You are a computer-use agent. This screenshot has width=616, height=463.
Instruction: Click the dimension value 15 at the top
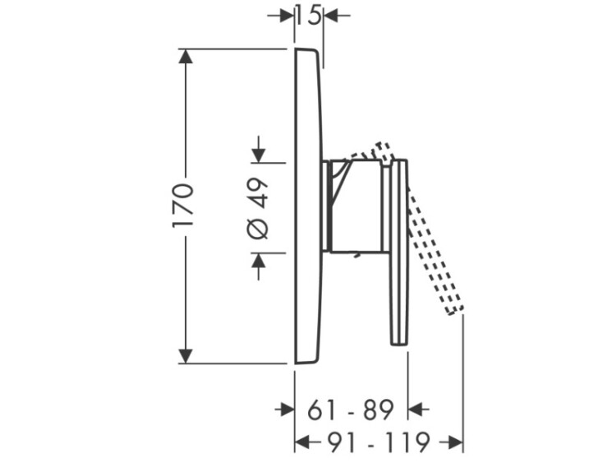click(x=309, y=16)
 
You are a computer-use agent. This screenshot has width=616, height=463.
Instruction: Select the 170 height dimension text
click(x=183, y=206)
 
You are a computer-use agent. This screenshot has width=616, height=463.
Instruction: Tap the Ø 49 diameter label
click(x=258, y=209)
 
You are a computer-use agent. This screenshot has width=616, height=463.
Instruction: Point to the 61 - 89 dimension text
click(x=350, y=410)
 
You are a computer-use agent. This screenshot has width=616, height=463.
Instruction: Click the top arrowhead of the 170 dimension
click(x=186, y=56)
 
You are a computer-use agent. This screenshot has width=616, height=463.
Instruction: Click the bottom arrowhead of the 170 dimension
click(x=186, y=356)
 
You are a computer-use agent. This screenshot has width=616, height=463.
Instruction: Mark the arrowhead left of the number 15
click(x=287, y=16)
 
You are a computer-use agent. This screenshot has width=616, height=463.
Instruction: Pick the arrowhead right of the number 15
click(x=330, y=16)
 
